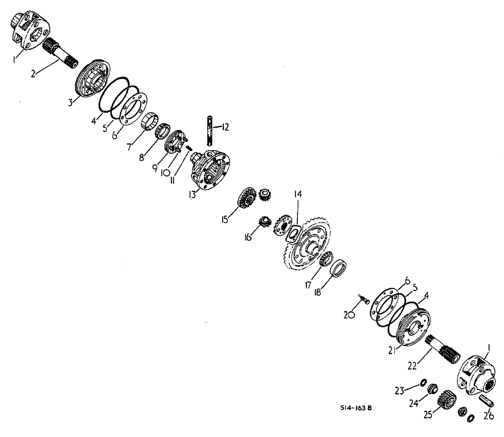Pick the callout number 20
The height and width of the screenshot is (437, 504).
tap(348, 315)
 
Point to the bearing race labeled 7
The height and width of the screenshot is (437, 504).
tap(147, 122)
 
